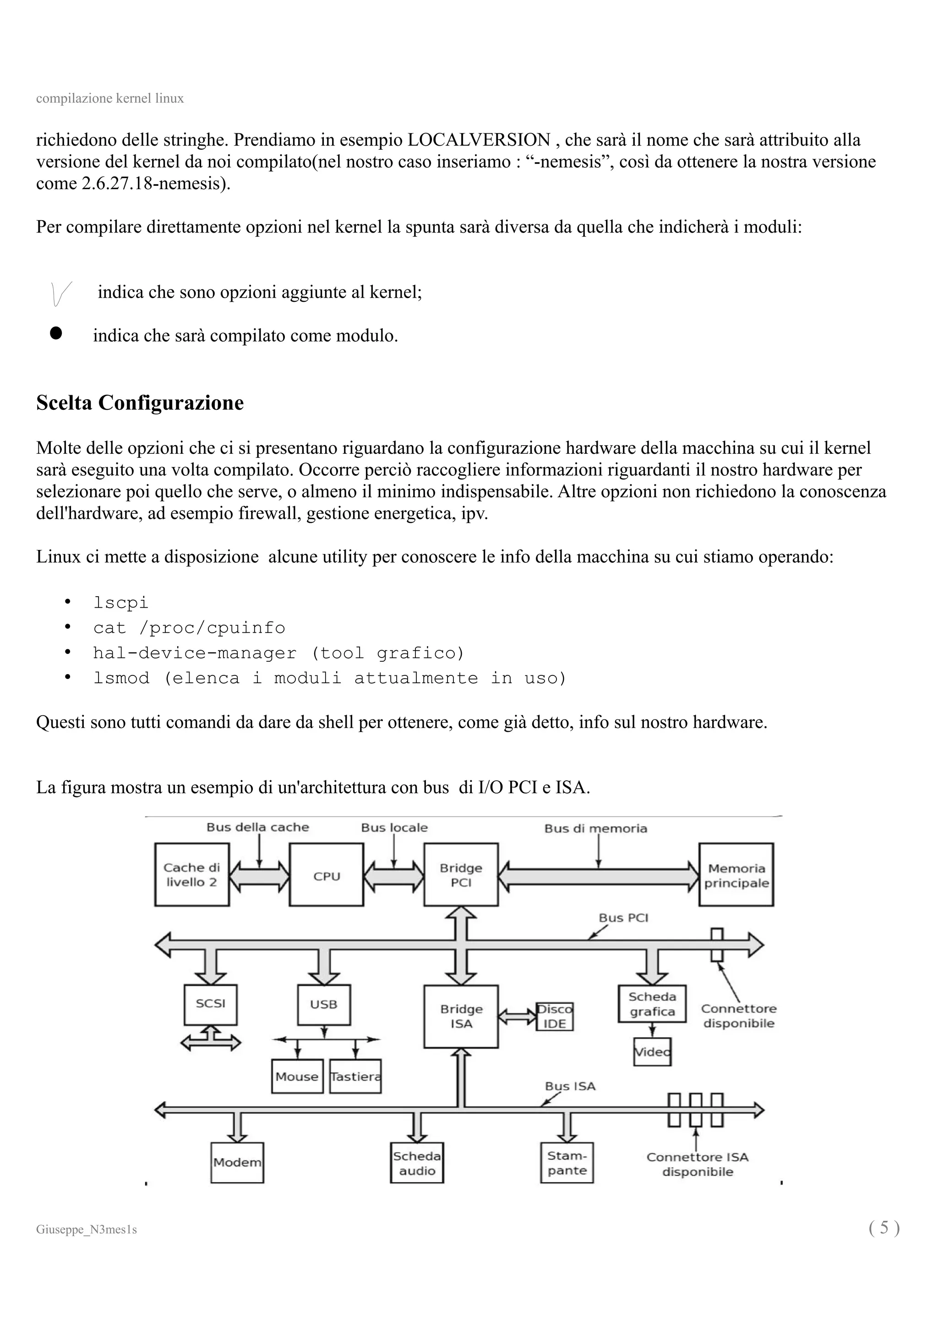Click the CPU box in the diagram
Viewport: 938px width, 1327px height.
coord(327,875)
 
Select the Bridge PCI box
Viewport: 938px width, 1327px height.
coord(461,875)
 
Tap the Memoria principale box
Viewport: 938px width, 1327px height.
coord(736,875)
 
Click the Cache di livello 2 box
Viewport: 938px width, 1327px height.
coord(192,875)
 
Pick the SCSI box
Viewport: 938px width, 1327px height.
coord(210,1004)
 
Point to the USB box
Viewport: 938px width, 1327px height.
coord(324,1005)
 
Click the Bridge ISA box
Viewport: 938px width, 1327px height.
coord(461,1016)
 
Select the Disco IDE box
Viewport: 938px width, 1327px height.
coord(554,1016)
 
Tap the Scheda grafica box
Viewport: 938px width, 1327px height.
coord(652,1004)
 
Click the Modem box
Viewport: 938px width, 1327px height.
coord(237,1162)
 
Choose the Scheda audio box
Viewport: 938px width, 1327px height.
coord(417,1163)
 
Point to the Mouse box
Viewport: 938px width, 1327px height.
coord(297,1076)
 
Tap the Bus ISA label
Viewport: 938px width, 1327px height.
coord(570,1086)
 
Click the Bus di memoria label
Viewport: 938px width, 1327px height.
coord(595,828)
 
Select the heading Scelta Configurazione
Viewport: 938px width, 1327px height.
coord(140,403)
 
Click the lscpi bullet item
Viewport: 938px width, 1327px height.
coord(121,603)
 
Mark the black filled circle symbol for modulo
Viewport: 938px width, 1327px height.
coord(56,333)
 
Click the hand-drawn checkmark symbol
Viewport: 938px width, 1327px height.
coord(60,293)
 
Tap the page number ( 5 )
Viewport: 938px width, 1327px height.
coord(883,1227)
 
